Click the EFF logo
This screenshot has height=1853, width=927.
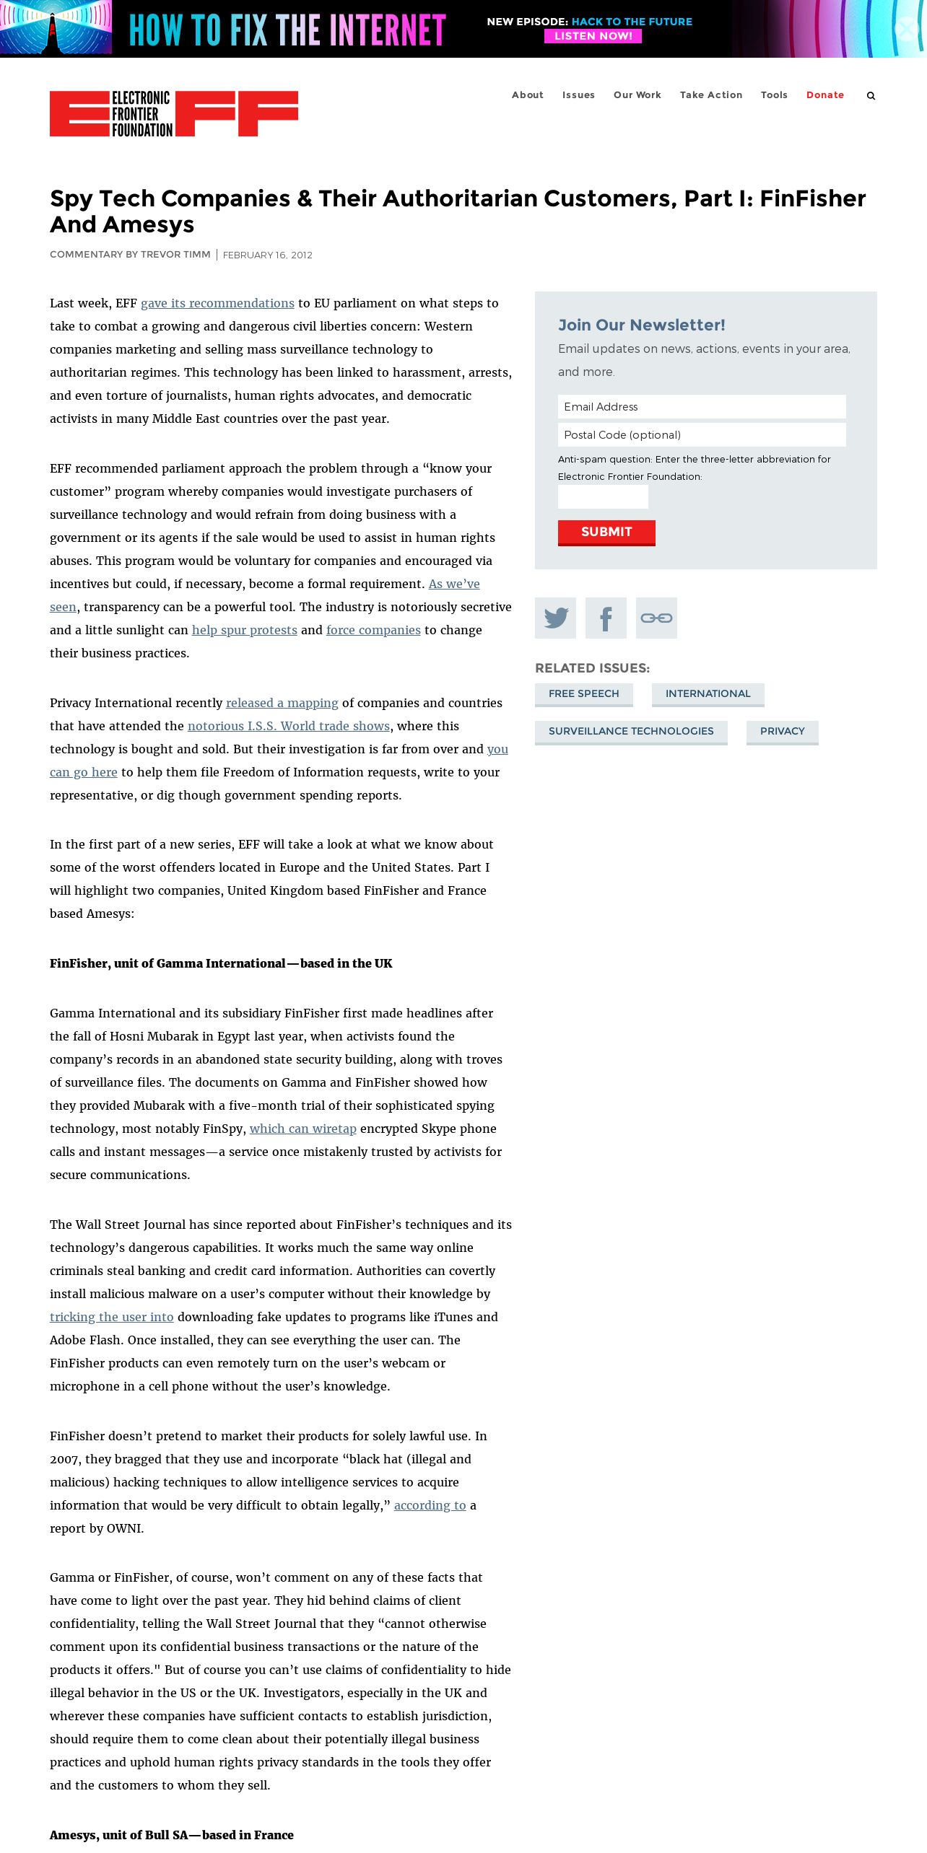pos(173,113)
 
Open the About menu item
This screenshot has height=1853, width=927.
pos(527,95)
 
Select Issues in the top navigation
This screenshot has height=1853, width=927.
pos(578,95)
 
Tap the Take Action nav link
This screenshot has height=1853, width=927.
pos(710,95)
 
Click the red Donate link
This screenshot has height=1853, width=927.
pos(824,95)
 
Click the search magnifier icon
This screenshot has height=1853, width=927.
pos(871,96)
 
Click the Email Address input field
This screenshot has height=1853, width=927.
pos(701,407)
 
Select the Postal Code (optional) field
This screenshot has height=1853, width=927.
pos(701,435)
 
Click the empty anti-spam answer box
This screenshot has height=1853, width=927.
pos(603,497)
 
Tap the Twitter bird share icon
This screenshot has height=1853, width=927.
pos(555,618)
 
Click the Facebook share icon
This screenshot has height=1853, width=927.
pos(606,618)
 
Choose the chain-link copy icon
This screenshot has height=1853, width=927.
pos(656,618)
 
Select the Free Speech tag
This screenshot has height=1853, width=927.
pos(583,694)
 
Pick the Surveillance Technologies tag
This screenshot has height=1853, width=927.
pos(630,732)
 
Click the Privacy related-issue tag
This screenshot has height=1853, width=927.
pos(782,732)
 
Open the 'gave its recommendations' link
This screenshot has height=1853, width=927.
pos(217,304)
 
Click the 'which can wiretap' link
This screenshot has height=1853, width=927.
pos(303,1129)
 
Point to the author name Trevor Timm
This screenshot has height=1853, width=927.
pos(175,255)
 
